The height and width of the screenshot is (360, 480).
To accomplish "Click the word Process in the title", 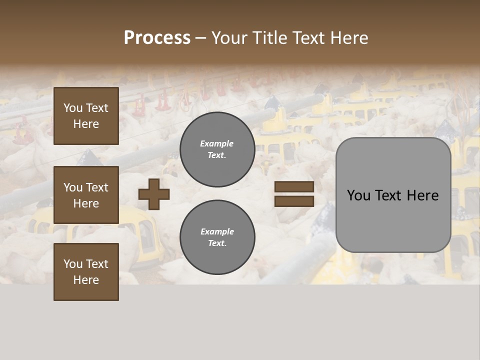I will pyautogui.click(x=157, y=38).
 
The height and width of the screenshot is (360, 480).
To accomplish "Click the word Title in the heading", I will pyautogui.click(x=268, y=38).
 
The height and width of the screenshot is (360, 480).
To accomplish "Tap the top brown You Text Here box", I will pyautogui.click(x=86, y=116).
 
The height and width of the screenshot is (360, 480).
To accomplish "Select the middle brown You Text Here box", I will pyautogui.click(x=86, y=195).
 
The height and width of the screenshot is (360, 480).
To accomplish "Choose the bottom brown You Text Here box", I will pyautogui.click(x=86, y=272).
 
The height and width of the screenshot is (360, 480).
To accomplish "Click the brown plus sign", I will pyautogui.click(x=154, y=194).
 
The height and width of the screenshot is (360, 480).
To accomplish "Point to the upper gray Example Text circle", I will pyautogui.click(x=217, y=149).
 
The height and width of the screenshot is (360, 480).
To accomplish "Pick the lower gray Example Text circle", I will pyautogui.click(x=217, y=237).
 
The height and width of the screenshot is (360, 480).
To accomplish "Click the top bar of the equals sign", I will pyautogui.click(x=294, y=187).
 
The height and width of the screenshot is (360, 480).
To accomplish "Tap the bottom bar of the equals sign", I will pyautogui.click(x=294, y=201).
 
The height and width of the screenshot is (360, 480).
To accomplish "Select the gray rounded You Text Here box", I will pyautogui.click(x=393, y=195).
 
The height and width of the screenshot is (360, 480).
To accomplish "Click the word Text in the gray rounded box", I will pyautogui.click(x=388, y=195).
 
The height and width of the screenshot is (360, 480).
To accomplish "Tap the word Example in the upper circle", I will pyautogui.click(x=216, y=143).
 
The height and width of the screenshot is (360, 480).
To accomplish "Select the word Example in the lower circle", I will pyautogui.click(x=217, y=231).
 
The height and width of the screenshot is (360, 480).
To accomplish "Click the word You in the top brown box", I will pyautogui.click(x=73, y=108).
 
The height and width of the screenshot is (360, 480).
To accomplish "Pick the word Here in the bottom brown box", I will pyautogui.click(x=86, y=280).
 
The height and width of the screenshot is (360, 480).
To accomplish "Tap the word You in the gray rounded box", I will pyautogui.click(x=358, y=195).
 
